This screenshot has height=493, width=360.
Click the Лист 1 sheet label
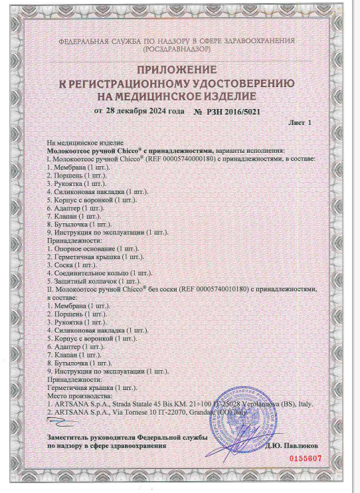pos(300,124)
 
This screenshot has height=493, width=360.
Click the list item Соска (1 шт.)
pos(69,264)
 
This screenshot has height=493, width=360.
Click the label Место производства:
pos(74,395)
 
